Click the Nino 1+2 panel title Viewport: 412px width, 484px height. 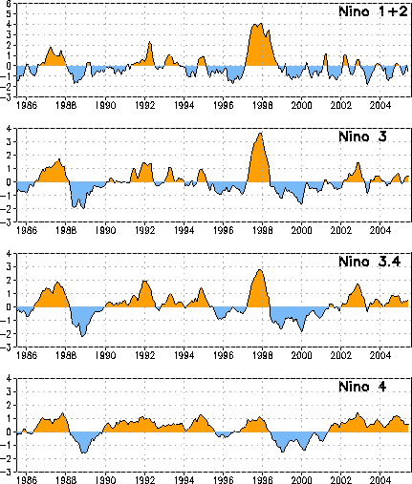(373, 11)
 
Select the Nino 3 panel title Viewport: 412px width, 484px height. (362, 137)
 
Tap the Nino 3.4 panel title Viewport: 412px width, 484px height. (370, 262)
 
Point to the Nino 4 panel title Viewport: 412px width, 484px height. (362, 387)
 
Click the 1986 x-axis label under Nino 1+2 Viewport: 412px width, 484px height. (27, 105)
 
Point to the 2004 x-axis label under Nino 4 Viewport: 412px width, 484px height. (380, 480)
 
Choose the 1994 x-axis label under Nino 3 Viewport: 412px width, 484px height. (184, 230)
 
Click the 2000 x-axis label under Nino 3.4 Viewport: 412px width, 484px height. (301, 355)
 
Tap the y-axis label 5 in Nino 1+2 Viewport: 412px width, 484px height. (9, 13)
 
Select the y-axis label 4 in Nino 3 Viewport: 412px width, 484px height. (9, 128)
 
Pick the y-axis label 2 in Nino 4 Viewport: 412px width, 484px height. (9, 405)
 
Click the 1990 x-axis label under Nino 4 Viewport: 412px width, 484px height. (105, 480)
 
